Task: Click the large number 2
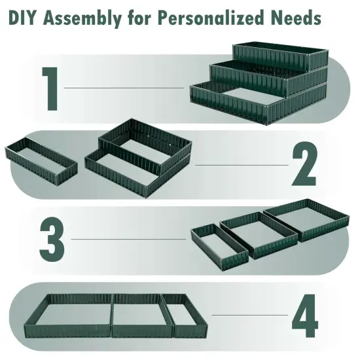[x=304, y=165]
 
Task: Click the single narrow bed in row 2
[x=41, y=156]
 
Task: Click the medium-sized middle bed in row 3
[x=257, y=232]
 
